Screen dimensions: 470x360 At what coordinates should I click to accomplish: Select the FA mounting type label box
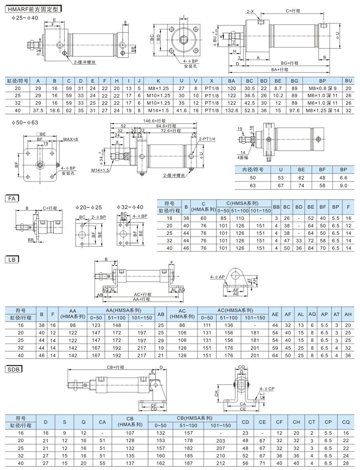click(x=12, y=197)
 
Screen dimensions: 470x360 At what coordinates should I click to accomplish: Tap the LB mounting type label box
click(x=12, y=259)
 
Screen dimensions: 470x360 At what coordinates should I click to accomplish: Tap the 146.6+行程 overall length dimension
click(x=156, y=120)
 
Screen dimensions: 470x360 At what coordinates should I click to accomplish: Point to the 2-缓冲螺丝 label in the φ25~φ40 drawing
click(x=85, y=62)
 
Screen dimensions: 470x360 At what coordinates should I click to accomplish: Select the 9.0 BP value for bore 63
click(x=343, y=185)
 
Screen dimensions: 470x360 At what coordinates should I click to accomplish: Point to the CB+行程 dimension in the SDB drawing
click(x=115, y=367)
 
